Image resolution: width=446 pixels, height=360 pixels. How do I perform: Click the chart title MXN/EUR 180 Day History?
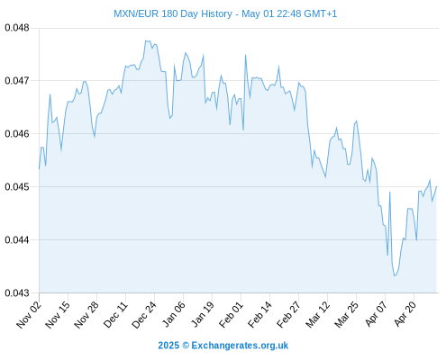[x=173, y=13]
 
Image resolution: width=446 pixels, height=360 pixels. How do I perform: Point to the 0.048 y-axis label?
[x=17, y=28]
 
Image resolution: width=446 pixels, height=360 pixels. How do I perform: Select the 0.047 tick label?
[x=17, y=80]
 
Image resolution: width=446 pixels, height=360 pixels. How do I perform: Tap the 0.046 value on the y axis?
[x=17, y=133]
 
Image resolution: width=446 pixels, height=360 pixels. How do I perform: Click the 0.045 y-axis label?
[x=17, y=186]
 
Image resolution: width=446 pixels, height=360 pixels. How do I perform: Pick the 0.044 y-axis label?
[x=17, y=239]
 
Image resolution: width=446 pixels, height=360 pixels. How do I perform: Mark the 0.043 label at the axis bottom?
[x=17, y=292]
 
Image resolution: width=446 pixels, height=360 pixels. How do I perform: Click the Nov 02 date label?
[x=28, y=315]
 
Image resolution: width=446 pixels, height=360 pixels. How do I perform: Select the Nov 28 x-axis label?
[x=86, y=315]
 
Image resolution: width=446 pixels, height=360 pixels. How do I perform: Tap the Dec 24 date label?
[x=144, y=315]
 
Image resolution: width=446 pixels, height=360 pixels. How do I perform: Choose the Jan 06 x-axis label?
[x=173, y=315]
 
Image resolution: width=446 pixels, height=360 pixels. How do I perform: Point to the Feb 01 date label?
[x=231, y=315]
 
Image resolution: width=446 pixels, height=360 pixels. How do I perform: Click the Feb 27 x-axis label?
[x=288, y=315]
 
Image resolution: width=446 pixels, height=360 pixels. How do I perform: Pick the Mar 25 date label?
[x=346, y=315]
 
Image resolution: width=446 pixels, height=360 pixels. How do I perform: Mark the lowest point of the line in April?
[x=395, y=275]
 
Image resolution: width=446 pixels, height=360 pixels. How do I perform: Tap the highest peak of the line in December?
[x=146, y=40]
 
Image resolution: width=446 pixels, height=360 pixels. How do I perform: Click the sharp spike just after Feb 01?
[x=245, y=55]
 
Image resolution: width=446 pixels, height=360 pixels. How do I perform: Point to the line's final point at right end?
[x=436, y=186]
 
